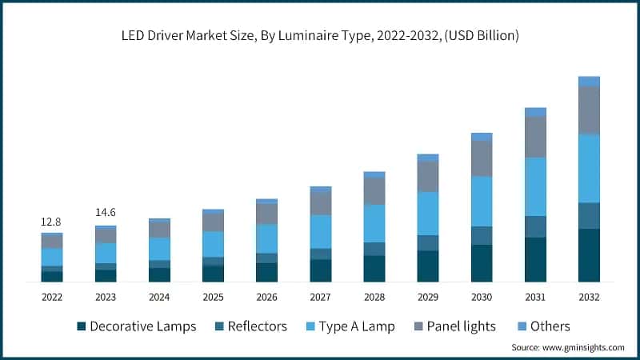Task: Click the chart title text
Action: click(x=320, y=35)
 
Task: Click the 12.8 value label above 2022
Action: click(x=51, y=222)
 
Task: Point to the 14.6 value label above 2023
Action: click(x=106, y=213)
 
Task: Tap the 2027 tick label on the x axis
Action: click(x=320, y=297)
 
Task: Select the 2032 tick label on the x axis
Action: click(x=589, y=297)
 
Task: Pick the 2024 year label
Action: click(x=159, y=297)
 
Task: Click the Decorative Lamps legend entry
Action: click(x=136, y=326)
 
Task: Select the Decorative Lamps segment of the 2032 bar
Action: click(x=589, y=255)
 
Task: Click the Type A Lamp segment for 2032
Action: click(x=589, y=169)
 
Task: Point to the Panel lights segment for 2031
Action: click(x=535, y=137)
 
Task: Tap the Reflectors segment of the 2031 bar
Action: click(x=535, y=226)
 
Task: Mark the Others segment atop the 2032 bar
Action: click(x=589, y=81)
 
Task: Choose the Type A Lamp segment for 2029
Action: click(x=428, y=214)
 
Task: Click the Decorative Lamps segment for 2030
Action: click(x=482, y=263)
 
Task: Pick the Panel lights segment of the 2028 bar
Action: click(x=374, y=191)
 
